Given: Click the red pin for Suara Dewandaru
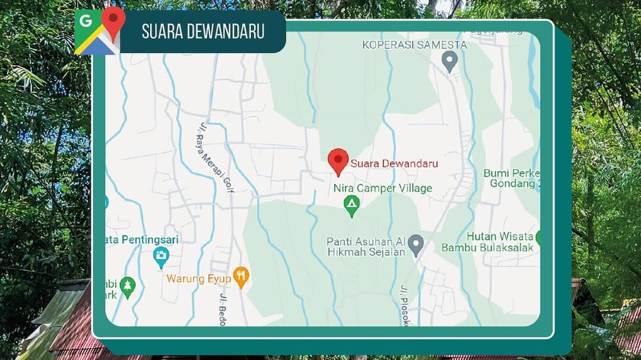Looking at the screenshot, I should [x=338, y=160].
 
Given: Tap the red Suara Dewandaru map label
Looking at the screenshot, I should [x=394, y=163].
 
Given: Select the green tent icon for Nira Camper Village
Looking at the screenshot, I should [x=352, y=206].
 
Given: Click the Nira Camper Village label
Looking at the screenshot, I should [x=382, y=189].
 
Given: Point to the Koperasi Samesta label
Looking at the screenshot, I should [x=414, y=45].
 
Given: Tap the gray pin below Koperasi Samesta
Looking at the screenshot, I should [x=450, y=60].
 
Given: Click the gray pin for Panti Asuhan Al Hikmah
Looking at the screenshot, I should [x=416, y=244].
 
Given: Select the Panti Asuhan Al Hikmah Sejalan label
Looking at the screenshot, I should [x=366, y=247].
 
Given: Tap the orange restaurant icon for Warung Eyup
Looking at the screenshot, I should [x=240, y=276].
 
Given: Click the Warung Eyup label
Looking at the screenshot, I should [x=198, y=278].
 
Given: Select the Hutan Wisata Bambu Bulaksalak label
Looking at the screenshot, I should [x=487, y=242].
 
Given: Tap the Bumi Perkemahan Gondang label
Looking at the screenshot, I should [x=512, y=178].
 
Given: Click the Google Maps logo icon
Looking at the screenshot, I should [x=99, y=30].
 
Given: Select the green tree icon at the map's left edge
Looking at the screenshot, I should [x=127, y=286].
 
